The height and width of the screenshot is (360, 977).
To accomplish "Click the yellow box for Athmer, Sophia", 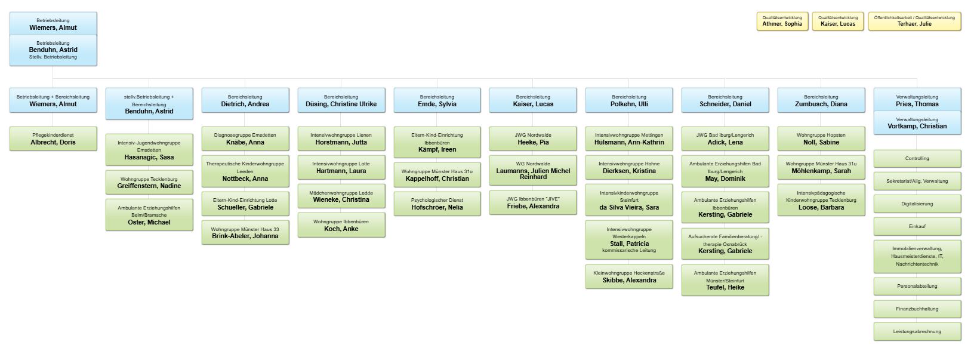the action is click(782, 21).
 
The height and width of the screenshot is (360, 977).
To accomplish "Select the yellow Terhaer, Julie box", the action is click(914, 21).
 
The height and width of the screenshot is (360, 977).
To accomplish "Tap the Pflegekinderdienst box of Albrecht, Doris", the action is click(53, 139).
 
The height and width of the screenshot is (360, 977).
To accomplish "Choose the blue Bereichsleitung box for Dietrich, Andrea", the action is click(245, 100).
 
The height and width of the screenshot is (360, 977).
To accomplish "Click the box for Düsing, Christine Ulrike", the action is click(341, 100).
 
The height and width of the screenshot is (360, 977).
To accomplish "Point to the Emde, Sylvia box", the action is click(437, 100).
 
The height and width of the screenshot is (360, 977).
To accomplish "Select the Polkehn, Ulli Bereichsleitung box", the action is click(629, 100).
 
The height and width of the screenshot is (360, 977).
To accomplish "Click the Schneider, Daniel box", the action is click(725, 100).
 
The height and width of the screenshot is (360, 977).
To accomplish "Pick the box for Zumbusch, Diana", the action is click(821, 100).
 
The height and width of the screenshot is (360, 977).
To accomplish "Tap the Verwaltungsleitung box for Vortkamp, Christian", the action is click(917, 122).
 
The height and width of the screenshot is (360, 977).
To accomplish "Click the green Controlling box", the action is click(917, 159).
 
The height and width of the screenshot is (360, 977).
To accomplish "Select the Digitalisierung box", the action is click(917, 204).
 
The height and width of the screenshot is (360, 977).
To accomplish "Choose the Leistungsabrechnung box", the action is click(917, 331).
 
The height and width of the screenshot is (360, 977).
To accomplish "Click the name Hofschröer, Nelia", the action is click(437, 208).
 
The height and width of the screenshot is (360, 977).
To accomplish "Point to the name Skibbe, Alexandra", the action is click(630, 281).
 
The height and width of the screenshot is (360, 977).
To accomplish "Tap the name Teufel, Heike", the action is click(725, 288).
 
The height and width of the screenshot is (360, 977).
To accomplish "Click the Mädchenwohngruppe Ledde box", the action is click(341, 196).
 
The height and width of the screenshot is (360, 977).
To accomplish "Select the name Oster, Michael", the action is click(149, 223).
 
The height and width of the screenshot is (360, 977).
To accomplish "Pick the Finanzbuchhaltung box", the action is click(917, 309).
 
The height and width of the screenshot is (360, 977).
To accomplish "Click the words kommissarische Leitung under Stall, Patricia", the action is click(629, 251).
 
